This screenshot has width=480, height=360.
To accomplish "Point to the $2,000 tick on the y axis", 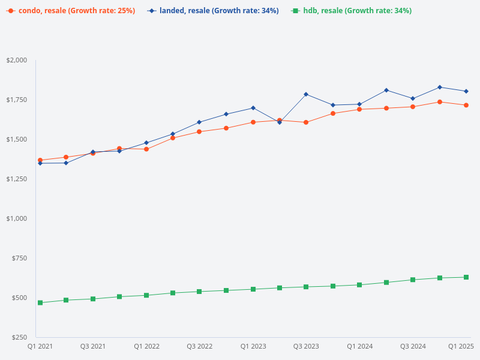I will pos(17,60).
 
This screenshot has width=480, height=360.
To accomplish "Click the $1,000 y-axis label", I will pos(17,218).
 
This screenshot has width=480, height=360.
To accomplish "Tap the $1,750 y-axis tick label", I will pos(17,100).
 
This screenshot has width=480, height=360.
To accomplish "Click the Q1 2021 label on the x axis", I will pos(40,346).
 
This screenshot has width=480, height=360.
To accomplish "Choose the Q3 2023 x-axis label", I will pos(306,346).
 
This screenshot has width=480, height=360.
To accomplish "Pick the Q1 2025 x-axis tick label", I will pos(461,346).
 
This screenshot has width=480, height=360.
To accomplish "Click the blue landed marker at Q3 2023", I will pos(306,94).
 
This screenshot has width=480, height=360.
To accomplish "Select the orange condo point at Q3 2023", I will pos(306,122).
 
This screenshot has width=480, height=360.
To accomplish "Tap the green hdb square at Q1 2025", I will pos(466,277).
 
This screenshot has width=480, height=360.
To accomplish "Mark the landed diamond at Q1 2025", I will pos(466,91).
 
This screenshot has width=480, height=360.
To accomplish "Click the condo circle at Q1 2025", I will pos(466,105).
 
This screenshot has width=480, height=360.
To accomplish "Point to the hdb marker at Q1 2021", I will pos(40,303).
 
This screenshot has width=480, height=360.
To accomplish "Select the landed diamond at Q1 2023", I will pos(253,108).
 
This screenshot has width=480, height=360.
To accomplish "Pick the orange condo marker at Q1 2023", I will pos(253,122).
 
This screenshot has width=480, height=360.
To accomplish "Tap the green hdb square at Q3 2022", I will pos(199,292).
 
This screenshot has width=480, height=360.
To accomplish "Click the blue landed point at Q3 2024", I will pos(413,98).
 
